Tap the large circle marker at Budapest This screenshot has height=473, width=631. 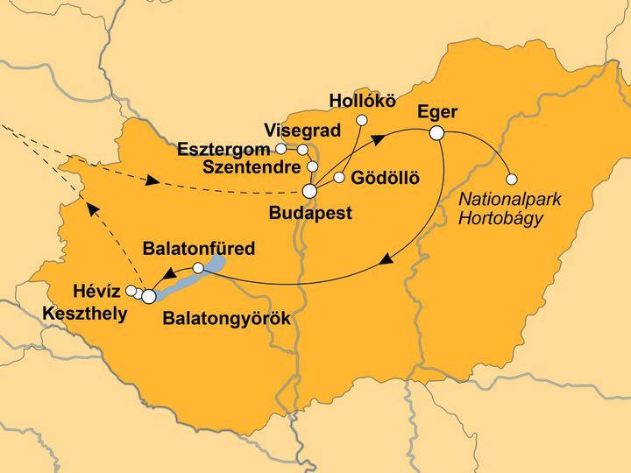click(309, 192)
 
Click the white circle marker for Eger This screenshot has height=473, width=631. click(436, 133)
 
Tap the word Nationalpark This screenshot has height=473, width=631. click(510, 200)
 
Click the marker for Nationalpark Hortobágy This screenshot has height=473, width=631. click(512, 179)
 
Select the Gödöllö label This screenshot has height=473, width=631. click(385, 178)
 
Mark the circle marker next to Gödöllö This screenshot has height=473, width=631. click(339, 178)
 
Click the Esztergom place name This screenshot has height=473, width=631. click(223, 148)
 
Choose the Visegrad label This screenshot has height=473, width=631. click(301, 129)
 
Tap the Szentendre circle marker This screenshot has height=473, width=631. click(313, 166)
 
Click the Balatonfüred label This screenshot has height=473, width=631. click(199, 249)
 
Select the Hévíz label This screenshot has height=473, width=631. click(93, 291)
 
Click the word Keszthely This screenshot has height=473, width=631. click(86, 313)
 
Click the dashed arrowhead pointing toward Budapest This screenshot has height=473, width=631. click(152, 182)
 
